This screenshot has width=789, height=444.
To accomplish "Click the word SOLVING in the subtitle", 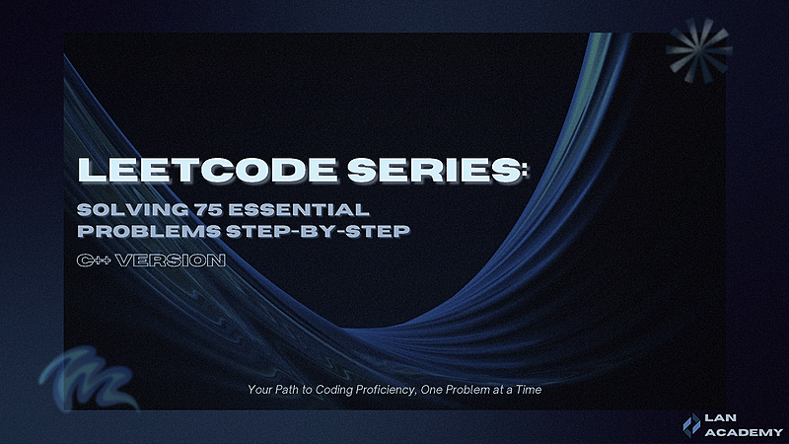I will [127, 210].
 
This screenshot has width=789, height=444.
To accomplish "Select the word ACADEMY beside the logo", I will [746, 432].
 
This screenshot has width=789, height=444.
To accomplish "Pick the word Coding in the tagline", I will [320, 390].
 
